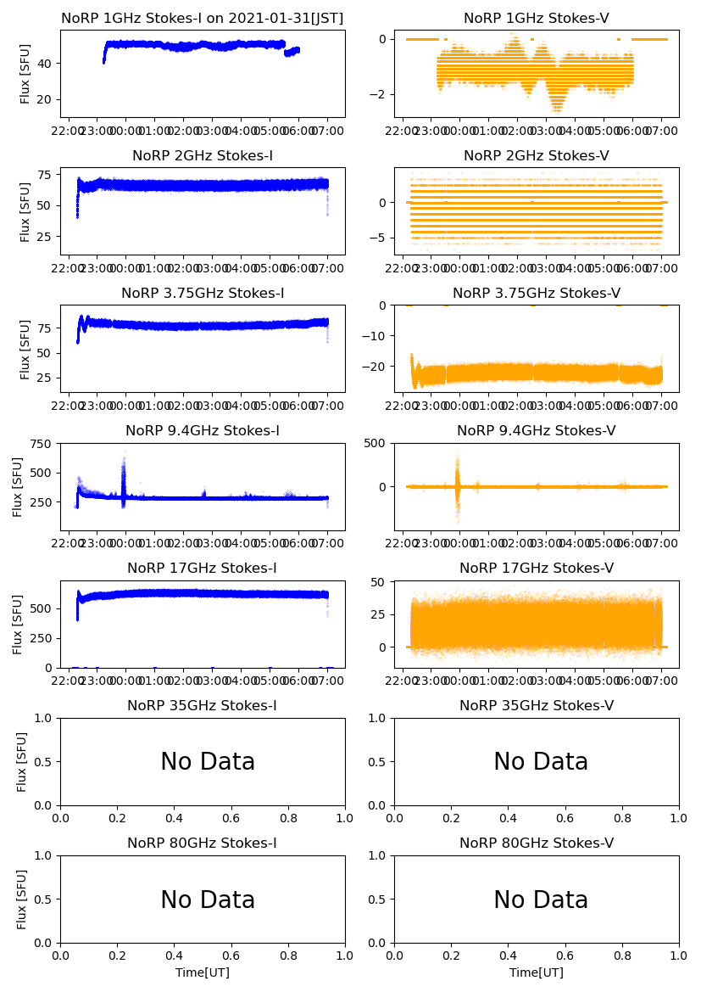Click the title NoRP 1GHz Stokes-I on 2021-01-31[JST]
tap(203, 19)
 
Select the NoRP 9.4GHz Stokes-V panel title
tap(536, 431)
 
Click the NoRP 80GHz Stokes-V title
tap(536, 843)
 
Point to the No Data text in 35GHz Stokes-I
tap(208, 762)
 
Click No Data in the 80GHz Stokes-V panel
tap(541, 900)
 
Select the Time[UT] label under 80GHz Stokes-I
tap(203, 972)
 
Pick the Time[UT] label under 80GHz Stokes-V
tap(536, 972)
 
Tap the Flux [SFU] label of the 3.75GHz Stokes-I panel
tap(26, 349)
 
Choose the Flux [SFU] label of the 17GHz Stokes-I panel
tap(19, 624)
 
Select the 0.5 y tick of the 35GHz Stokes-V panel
tap(379, 762)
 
